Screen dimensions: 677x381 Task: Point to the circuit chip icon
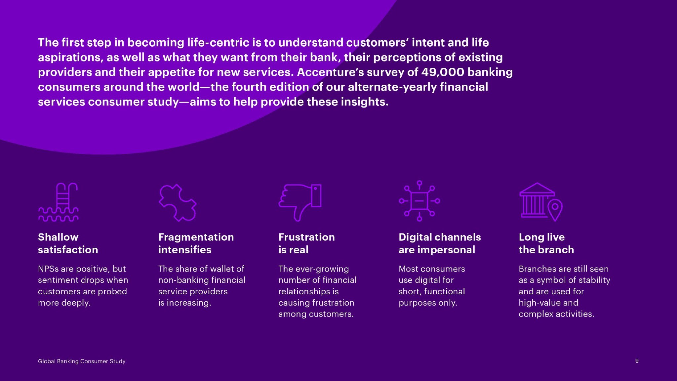[x=419, y=201]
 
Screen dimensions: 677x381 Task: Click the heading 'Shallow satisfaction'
[x=68, y=243]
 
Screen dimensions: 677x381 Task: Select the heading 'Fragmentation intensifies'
[x=196, y=243]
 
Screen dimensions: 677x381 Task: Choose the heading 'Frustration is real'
[x=306, y=243]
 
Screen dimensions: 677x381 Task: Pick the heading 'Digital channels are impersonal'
[x=440, y=243]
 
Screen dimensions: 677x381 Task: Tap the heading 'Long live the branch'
[x=546, y=243]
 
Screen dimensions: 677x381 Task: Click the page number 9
[x=637, y=361]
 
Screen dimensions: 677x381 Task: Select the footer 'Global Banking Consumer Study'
[x=82, y=361]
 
